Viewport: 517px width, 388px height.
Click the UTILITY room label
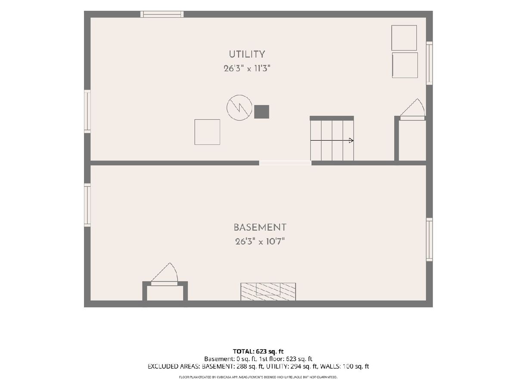(x=247, y=54)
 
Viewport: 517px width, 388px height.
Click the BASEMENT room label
(x=260, y=227)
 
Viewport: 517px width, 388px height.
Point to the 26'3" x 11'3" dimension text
(x=247, y=69)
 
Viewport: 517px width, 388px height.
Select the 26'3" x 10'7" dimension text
(x=260, y=241)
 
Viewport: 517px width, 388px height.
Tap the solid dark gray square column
(x=262, y=112)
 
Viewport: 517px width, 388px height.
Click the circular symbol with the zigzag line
(x=239, y=108)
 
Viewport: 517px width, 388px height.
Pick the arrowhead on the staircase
(x=351, y=141)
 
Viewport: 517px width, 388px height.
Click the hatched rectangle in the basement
(x=268, y=292)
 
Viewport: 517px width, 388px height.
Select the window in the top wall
(x=162, y=14)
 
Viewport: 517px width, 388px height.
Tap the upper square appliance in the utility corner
(x=404, y=38)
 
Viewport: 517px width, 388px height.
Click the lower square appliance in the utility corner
(x=405, y=65)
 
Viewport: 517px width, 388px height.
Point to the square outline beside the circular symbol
(x=207, y=132)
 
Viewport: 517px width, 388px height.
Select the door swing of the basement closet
(x=165, y=272)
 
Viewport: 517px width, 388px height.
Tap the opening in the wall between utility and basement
(x=285, y=163)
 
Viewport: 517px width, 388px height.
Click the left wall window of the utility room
(x=87, y=111)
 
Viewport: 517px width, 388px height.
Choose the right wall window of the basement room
(x=430, y=240)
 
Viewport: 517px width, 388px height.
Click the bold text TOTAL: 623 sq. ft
(x=258, y=351)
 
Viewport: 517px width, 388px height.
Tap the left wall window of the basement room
(x=87, y=205)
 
